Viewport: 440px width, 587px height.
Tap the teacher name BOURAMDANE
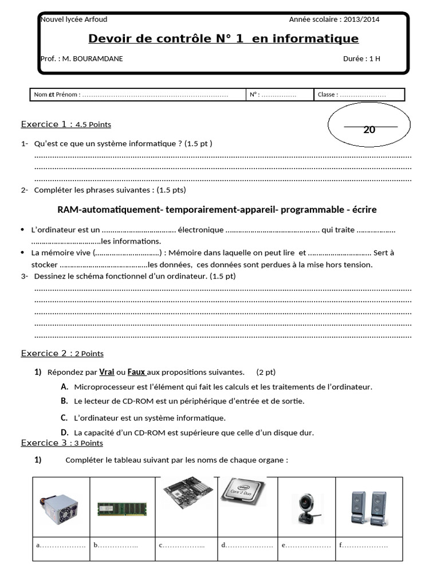pyautogui.click(x=98, y=58)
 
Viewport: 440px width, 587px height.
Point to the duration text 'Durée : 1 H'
pyautogui.click(x=362, y=58)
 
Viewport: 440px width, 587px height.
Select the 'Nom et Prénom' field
pyautogui.click(x=137, y=95)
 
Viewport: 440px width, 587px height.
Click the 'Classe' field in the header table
pyautogui.click(x=359, y=95)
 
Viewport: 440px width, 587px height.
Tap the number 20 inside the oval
pyautogui.click(x=370, y=130)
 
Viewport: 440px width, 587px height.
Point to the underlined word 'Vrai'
pyautogui.click(x=107, y=371)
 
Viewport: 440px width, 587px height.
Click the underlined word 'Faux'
pyautogui.click(x=136, y=371)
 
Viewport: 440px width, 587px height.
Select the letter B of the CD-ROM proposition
pyautogui.click(x=64, y=401)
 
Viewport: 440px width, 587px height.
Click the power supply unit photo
pyautogui.click(x=61, y=507)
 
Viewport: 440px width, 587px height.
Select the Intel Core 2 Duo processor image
pyautogui.click(x=243, y=493)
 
